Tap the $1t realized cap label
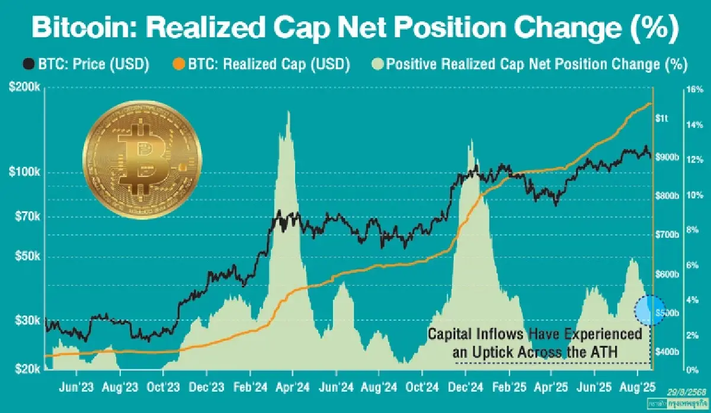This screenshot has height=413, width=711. point(664,118)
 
